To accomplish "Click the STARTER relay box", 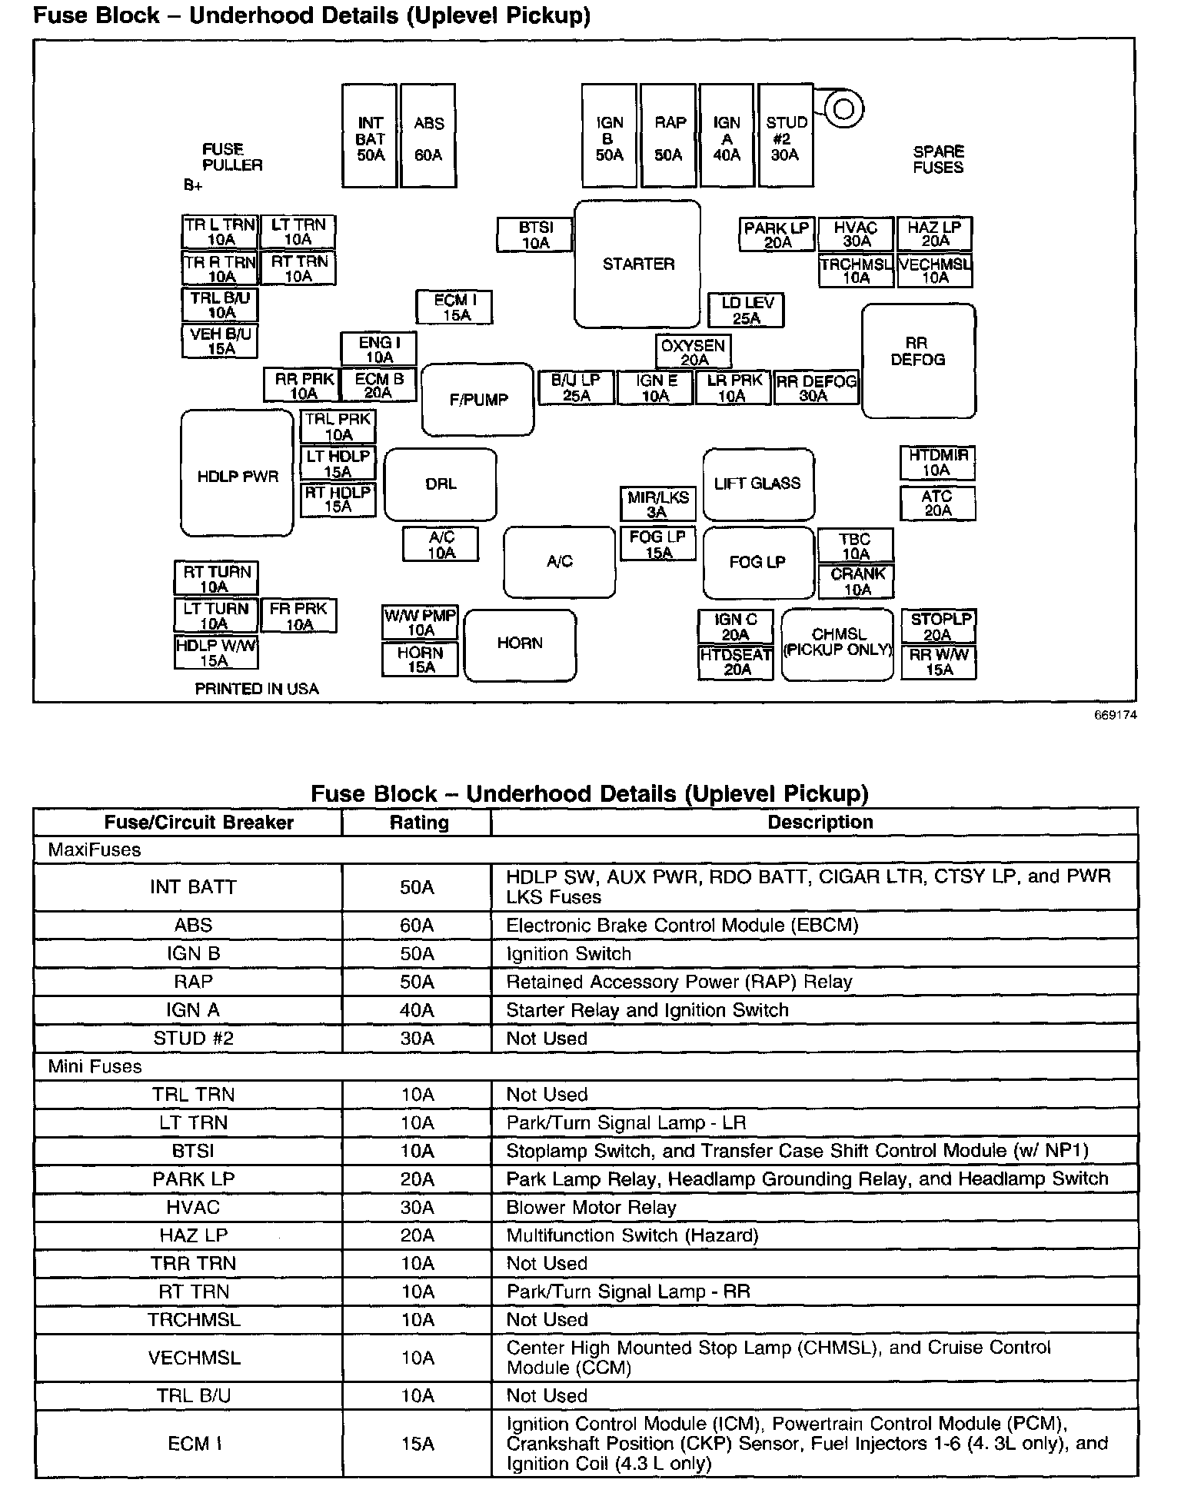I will click(637, 264).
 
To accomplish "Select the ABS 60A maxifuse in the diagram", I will click(428, 137).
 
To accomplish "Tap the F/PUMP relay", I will click(478, 400).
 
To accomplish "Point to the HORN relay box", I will click(520, 644).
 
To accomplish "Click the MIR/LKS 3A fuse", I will click(657, 504).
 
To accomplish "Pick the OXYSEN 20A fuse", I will click(694, 352).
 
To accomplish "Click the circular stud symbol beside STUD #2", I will click(843, 108).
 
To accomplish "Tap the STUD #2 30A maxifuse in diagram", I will click(785, 137).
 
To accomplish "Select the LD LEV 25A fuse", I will click(746, 311).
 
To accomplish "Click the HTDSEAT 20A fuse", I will click(736, 663).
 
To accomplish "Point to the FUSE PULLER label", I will click(231, 157).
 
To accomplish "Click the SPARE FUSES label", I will click(938, 159).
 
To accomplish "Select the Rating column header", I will click(418, 822).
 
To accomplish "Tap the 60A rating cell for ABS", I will click(417, 925).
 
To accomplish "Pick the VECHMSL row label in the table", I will click(194, 1358).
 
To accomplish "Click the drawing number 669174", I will click(1116, 715).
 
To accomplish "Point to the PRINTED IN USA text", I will click(256, 689).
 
